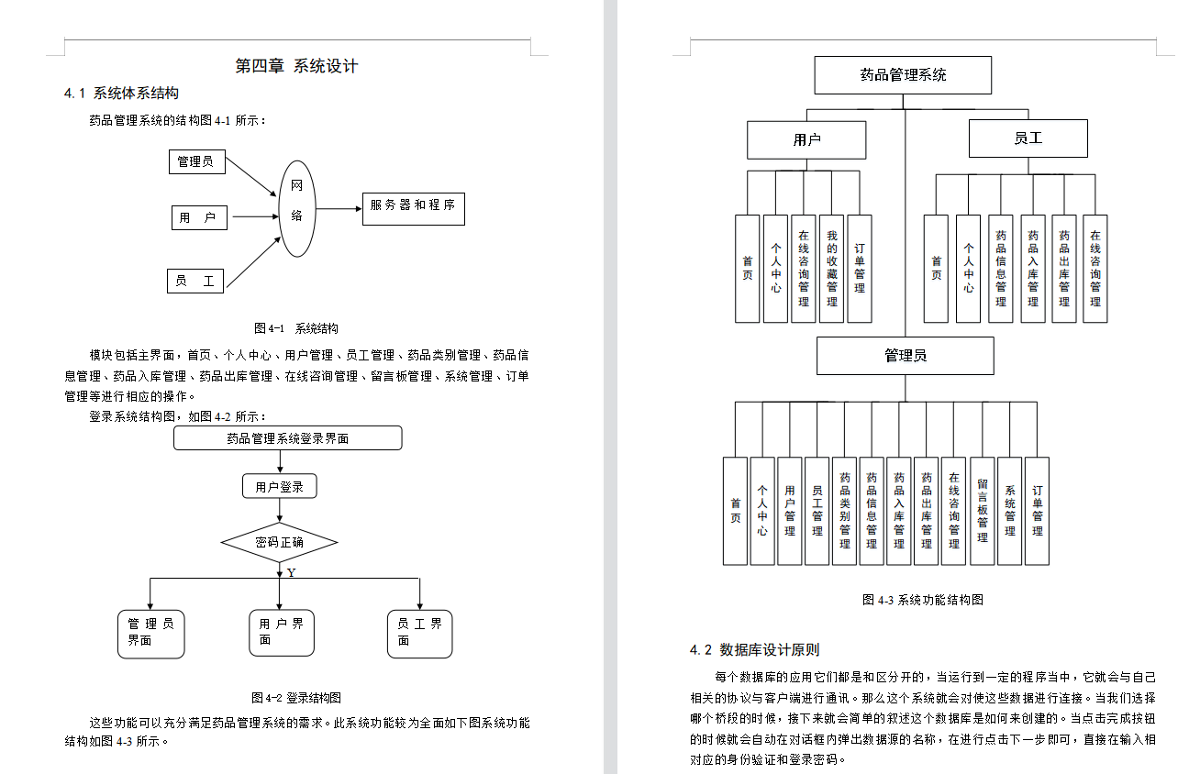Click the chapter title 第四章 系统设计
click(296, 66)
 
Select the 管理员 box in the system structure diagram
click(196, 161)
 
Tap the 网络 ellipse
click(297, 208)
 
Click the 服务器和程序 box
click(413, 206)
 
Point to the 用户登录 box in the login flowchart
click(280, 487)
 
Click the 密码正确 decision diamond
click(279, 543)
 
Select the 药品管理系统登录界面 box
click(288, 438)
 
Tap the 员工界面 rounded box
click(419, 633)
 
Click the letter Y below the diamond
click(292, 573)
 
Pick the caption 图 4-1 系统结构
click(296, 328)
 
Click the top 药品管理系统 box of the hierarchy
click(903, 75)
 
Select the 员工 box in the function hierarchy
click(1028, 139)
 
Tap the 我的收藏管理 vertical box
click(831, 269)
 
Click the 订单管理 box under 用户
click(860, 269)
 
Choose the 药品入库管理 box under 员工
click(1033, 269)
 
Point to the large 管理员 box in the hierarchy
click(905, 356)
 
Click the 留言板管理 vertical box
click(983, 511)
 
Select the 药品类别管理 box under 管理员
click(845, 511)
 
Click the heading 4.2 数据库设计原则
click(755, 650)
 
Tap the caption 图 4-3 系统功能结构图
click(923, 600)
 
